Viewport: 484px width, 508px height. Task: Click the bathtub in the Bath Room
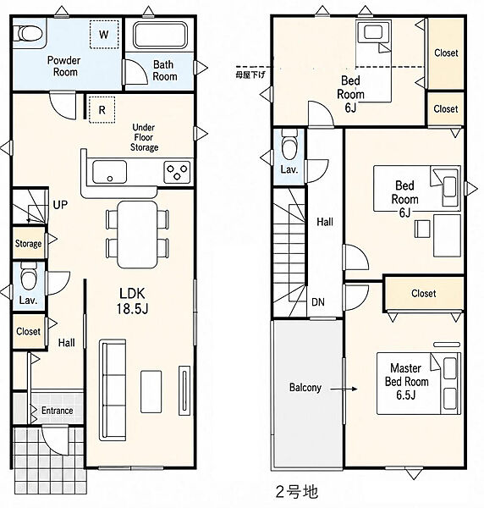pos(161,35)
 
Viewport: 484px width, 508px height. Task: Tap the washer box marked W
pos(103,35)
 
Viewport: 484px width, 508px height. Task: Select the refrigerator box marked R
pos(102,110)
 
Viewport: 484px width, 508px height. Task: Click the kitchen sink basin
pos(109,172)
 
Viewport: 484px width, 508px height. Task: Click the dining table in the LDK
pos(137,235)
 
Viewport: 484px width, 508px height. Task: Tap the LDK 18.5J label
pos(132,301)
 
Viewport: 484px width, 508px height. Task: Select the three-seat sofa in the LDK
pos(113,389)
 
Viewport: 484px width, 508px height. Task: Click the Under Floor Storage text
pos(144,137)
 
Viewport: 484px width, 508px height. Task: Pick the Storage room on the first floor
pos(29,243)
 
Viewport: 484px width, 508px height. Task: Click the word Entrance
pos(57,411)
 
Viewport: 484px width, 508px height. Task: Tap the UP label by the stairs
pos(60,205)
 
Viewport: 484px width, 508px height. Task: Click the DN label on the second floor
pos(318,302)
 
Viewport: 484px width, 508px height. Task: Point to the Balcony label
pos(305,388)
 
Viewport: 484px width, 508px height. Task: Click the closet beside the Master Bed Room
pos(424,294)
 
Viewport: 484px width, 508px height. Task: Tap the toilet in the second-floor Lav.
pos(289,145)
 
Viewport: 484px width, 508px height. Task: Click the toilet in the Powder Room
pos(28,33)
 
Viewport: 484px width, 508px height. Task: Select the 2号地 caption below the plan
pos(297,491)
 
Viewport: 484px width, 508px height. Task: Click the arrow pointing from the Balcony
pos(344,389)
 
